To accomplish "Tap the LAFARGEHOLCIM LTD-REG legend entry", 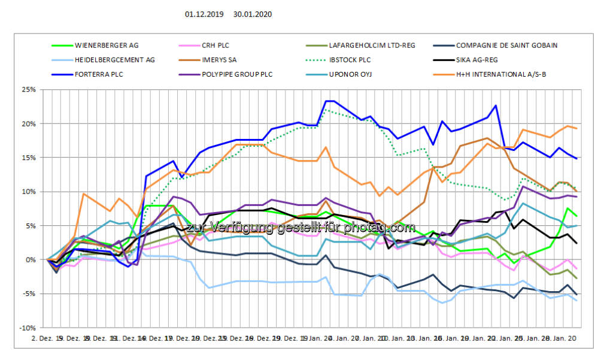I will pyautogui.click(x=372, y=45).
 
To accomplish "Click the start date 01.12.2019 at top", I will pyautogui.click(x=205, y=14).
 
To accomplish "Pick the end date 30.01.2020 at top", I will pyautogui.click(x=253, y=14).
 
